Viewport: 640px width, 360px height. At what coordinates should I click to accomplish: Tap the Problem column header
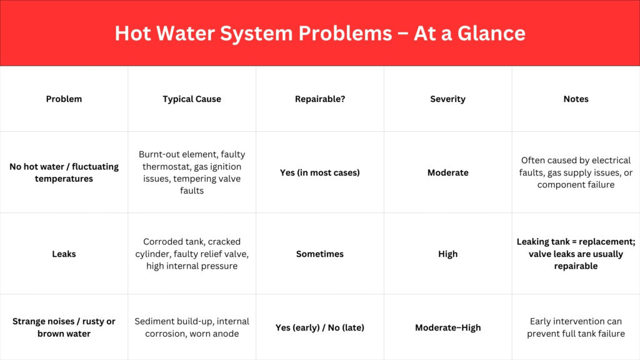click(x=64, y=99)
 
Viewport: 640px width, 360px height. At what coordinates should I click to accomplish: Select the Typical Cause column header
click(x=192, y=99)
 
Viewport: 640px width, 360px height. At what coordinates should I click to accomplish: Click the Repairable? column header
click(x=320, y=99)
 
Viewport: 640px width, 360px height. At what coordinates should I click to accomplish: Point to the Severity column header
click(x=447, y=99)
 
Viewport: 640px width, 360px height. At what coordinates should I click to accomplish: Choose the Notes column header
click(x=576, y=99)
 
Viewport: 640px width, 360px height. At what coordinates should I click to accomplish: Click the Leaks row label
click(x=64, y=254)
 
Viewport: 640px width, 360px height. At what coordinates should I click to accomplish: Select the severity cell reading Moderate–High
click(x=447, y=327)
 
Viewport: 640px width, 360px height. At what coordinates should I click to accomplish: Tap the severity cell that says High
click(x=447, y=254)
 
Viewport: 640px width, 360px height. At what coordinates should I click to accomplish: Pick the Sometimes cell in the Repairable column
click(x=320, y=254)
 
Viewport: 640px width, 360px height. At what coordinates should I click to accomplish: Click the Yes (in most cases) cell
click(x=320, y=172)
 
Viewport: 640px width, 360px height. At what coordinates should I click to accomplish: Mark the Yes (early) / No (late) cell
click(x=320, y=327)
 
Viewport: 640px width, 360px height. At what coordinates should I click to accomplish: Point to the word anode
click(x=226, y=334)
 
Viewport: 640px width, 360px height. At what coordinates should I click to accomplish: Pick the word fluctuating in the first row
click(x=95, y=167)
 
